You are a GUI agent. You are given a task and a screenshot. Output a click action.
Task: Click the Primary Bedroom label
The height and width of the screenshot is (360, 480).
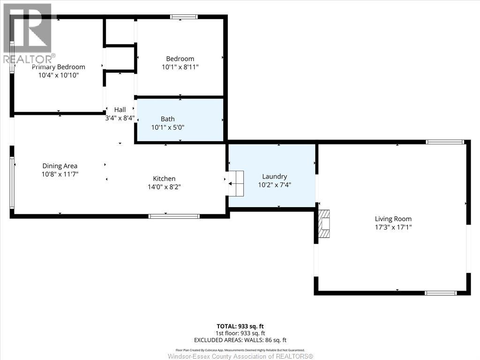tap(59, 67)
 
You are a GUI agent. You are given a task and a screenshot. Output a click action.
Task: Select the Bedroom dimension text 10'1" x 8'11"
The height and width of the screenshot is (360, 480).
tap(180, 67)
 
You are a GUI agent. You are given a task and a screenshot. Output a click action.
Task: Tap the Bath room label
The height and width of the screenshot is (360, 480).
tap(167, 119)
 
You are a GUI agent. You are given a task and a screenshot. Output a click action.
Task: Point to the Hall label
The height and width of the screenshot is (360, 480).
tap(120, 110)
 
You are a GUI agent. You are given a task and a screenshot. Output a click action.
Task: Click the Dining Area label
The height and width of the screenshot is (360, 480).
tap(60, 166)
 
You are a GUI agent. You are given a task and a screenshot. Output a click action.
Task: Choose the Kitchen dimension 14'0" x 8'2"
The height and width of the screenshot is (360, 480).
tap(164, 187)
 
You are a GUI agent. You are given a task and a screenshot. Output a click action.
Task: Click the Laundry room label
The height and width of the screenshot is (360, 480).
tap(274, 176)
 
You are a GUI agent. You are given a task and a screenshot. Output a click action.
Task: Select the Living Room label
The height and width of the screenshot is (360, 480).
tap(393, 218)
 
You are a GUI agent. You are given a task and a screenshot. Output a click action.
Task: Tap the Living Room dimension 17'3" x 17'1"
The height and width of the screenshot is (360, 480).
tap(393, 227)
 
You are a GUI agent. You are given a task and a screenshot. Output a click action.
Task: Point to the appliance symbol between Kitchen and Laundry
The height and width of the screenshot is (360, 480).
tap(236, 183)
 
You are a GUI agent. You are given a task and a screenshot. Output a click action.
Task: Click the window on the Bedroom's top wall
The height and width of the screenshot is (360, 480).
tap(184, 17)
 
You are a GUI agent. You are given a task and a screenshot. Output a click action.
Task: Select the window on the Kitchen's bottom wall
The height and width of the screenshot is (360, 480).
tap(174, 216)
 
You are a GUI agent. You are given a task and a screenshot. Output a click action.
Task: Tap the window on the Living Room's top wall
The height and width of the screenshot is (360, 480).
tap(444, 142)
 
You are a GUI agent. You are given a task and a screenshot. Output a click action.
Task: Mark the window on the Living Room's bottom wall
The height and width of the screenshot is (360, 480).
tap(440, 293)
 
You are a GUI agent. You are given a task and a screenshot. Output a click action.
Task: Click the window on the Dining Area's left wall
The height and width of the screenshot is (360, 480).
tap(12, 182)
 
